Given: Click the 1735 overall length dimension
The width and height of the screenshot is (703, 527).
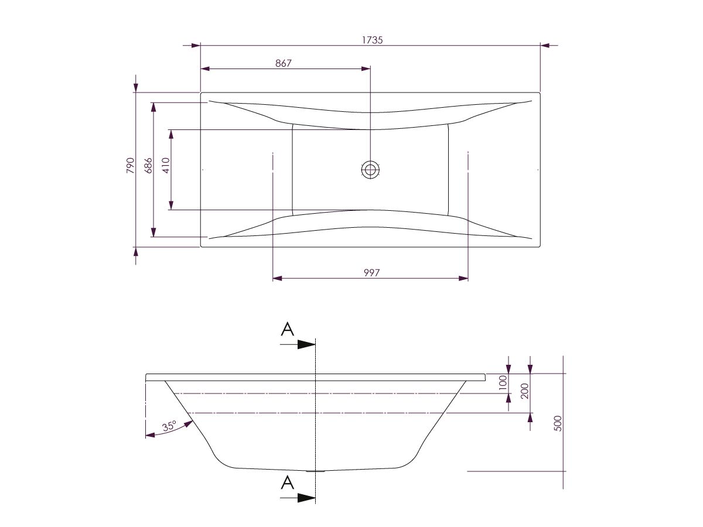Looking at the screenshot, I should [371, 40].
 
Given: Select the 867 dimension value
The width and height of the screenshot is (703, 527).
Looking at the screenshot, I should [284, 63].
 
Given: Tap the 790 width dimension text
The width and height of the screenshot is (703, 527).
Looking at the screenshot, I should [131, 166].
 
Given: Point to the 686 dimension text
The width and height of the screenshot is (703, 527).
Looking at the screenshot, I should [148, 166].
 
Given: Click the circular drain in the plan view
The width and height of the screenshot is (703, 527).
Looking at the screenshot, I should [370, 170].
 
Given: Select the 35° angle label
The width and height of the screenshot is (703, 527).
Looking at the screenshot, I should [169, 427].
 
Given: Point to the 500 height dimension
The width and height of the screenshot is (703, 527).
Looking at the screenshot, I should [558, 423].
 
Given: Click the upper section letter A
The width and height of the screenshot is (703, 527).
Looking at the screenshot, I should [287, 330].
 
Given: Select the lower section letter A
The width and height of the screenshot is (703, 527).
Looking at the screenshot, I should [287, 482].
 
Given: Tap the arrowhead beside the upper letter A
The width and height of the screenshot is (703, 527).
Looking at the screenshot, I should [306, 344].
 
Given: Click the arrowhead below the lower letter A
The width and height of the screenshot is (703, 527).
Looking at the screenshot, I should [306, 498].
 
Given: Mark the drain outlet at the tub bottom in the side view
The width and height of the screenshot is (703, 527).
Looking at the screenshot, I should [316, 470].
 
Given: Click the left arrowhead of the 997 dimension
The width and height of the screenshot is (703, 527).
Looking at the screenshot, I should [278, 278].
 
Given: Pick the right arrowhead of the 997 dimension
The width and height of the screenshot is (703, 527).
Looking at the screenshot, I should [463, 278].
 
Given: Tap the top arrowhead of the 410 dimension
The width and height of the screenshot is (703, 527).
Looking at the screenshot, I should [171, 134].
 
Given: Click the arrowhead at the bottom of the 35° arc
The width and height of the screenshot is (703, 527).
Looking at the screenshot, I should [149, 435].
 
